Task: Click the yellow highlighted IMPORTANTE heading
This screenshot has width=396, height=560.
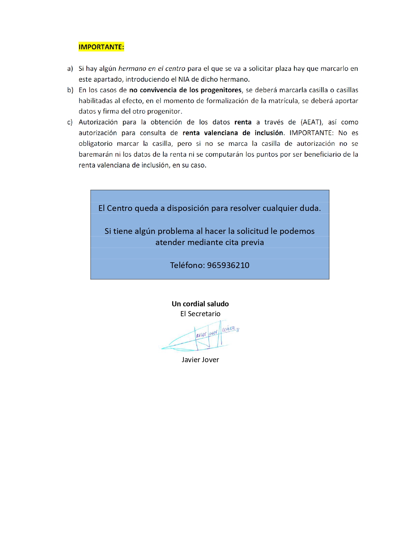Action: pyautogui.click(x=101, y=47)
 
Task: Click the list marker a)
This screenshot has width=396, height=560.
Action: pyautogui.click(x=70, y=69)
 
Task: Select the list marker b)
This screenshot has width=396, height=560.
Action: pyautogui.click(x=70, y=90)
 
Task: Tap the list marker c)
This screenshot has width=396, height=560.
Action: pyautogui.click(x=70, y=122)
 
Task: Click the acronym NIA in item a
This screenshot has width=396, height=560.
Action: pyautogui.click(x=184, y=79)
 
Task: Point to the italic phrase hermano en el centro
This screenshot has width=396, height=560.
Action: pyautogui.click(x=152, y=69)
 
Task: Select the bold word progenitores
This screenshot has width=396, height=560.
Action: pyautogui.click(x=221, y=90)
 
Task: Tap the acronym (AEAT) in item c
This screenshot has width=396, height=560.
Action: pyautogui.click(x=312, y=122)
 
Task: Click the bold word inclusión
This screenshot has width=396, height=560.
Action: pyautogui.click(x=269, y=133)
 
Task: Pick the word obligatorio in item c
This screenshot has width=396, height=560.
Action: pyautogui.click(x=95, y=144)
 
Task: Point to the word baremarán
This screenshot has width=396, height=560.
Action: pyautogui.click(x=96, y=154)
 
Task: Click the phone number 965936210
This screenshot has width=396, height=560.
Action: pyautogui.click(x=228, y=265)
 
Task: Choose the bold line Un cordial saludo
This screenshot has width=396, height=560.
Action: pyautogui.click(x=200, y=304)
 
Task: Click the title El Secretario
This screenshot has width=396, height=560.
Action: pyautogui.click(x=200, y=314)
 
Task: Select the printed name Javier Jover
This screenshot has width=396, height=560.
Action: pyautogui.click(x=200, y=360)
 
